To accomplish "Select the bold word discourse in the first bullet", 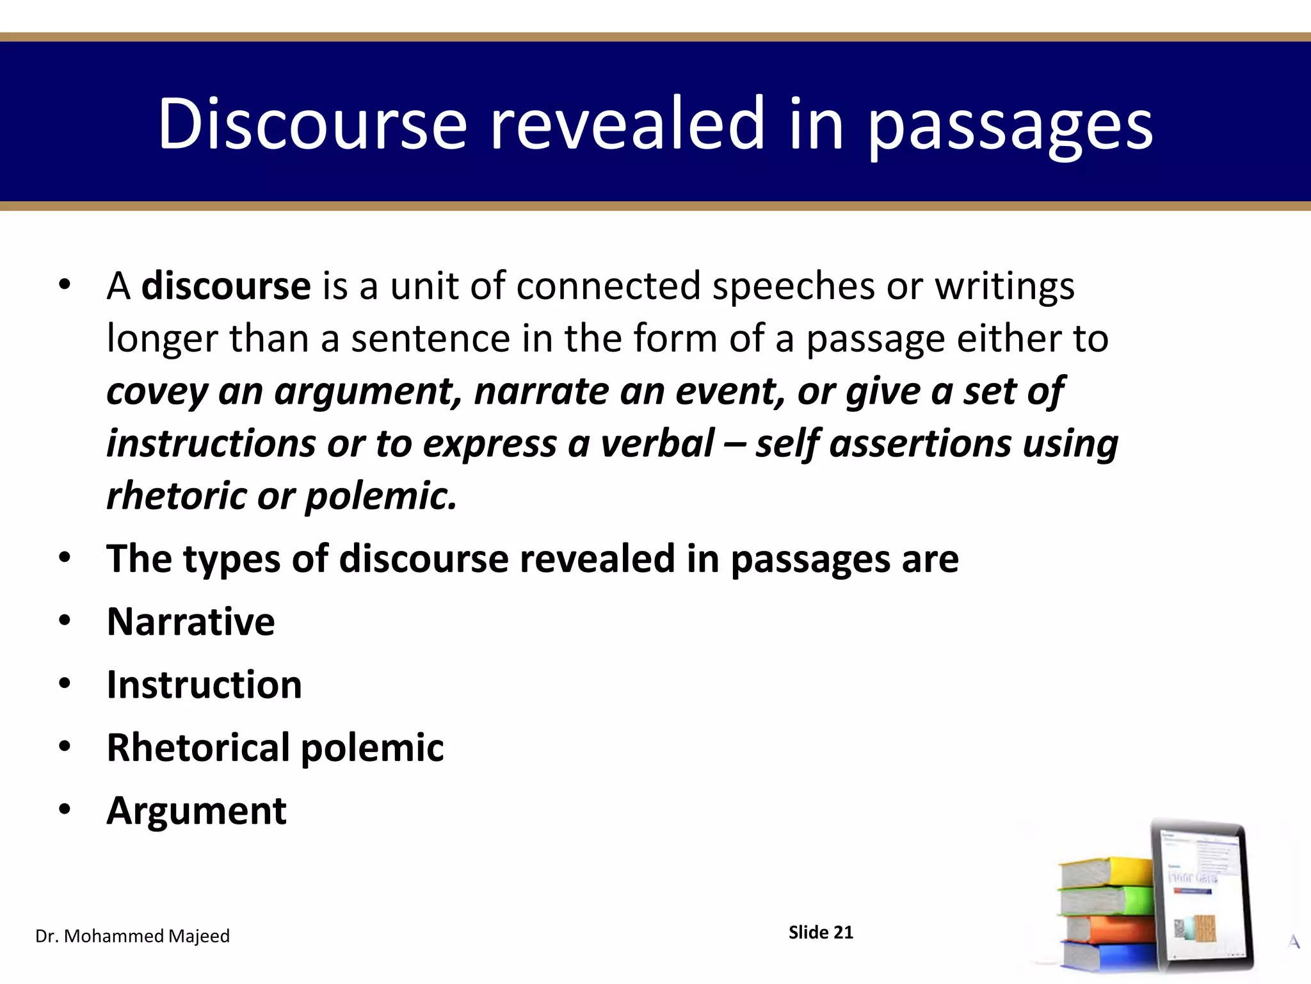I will (x=226, y=286).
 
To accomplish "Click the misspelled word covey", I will (x=157, y=391).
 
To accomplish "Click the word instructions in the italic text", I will (x=211, y=443).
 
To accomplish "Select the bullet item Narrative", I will (x=191, y=621).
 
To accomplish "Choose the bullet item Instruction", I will (x=204, y=684).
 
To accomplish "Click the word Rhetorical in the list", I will (x=198, y=747).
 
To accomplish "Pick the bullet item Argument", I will (x=197, y=810).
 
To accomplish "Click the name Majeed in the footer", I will (x=198, y=936).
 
